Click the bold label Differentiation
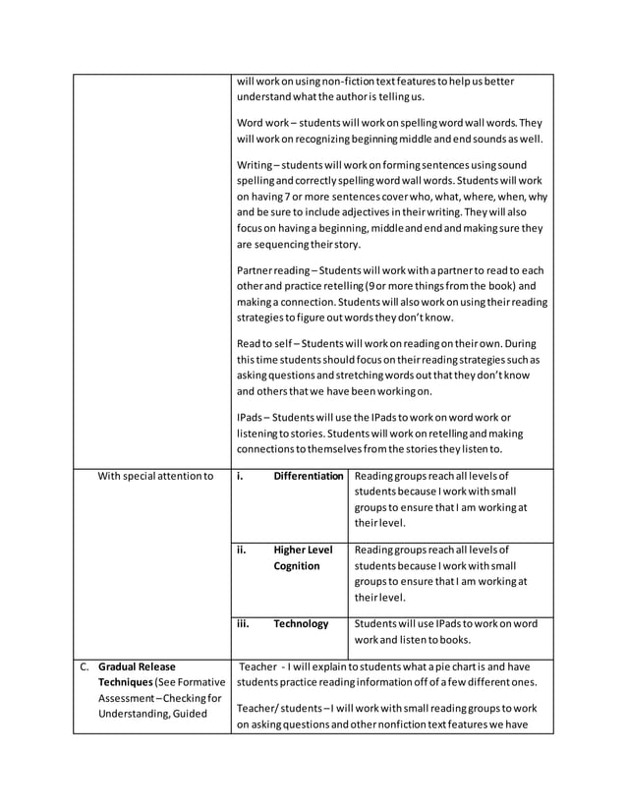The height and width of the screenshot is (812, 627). pos(309,476)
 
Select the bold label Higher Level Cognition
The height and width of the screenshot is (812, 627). pos(302,557)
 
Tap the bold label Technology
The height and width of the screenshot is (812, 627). pos(301,623)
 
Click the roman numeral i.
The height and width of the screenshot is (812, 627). pos(241,476)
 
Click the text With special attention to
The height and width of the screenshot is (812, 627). pos(155,477)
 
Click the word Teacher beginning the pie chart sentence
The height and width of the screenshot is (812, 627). pos(258,667)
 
